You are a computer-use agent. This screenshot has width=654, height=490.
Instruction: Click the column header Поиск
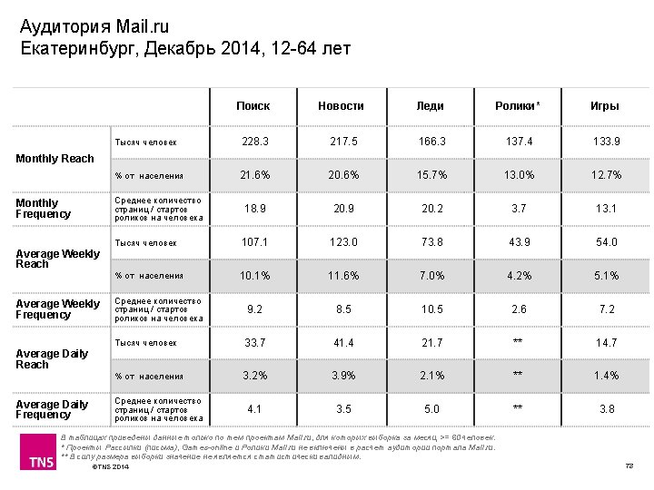(253, 106)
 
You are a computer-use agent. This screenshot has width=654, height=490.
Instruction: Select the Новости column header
(341, 106)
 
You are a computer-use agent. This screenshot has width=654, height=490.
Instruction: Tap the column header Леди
(430, 106)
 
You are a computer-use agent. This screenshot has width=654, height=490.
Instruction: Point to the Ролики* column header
(517, 106)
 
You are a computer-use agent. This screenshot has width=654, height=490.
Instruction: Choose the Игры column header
(604, 106)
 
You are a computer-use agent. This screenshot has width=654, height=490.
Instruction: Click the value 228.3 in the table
(254, 142)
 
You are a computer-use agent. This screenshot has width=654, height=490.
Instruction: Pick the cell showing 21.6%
(254, 175)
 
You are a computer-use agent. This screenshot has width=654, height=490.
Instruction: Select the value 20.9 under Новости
(342, 209)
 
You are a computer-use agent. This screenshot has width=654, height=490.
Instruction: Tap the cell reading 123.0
(342, 242)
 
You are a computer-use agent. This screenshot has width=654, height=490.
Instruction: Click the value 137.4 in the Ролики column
(519, 142)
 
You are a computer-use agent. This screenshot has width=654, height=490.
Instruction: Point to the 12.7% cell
(606, 175)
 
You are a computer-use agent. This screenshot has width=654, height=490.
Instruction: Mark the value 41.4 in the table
(342, 343)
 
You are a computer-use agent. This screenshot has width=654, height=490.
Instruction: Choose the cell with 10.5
(431, 309)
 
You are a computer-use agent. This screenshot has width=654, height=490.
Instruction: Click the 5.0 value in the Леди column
(431, 409)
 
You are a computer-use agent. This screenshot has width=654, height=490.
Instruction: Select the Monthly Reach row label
(54, 159)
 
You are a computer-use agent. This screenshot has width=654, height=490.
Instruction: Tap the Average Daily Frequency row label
(52, 409)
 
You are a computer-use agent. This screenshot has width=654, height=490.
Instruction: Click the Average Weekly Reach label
(57, 259)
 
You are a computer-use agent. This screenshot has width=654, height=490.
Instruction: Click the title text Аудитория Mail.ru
(94, 26)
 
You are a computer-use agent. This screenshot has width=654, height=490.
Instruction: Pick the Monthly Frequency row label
(44, 209)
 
